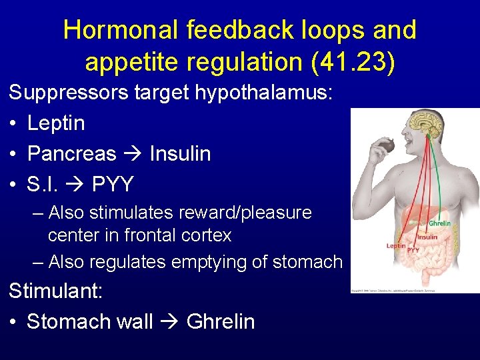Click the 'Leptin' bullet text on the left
56,123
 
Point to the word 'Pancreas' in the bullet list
71,153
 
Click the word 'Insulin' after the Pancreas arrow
180,153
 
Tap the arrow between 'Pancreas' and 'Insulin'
133,154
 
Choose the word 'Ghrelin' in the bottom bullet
221,321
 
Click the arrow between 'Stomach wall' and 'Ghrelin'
170,322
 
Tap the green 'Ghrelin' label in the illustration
439,223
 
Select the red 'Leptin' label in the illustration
395,246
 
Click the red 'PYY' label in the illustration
413,250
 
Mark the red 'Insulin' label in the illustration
427,237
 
